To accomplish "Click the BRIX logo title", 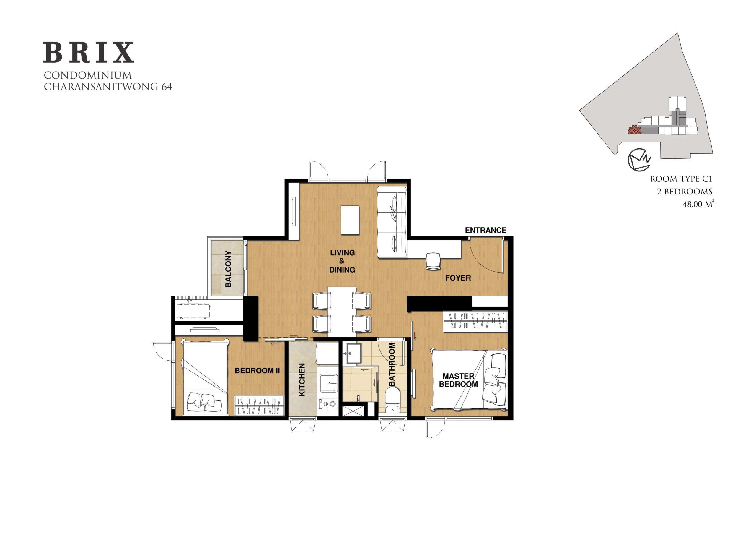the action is coord(89,52).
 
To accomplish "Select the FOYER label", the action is coord(458,278).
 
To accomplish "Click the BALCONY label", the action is coord(228,269).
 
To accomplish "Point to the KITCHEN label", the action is coord(302,380).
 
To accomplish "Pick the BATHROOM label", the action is coord(392,364).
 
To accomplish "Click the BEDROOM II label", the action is coord(257,371).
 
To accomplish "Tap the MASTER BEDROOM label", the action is coord(458,380).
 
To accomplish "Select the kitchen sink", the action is coord(328,383).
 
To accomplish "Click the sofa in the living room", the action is coord(392,223).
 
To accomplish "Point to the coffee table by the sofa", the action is coord(350,220).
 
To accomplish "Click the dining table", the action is coord(341,312).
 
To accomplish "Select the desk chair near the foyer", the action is coord(433,261).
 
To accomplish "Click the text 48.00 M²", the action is coord(698,204).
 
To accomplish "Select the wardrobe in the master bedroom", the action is coord(475,321).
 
